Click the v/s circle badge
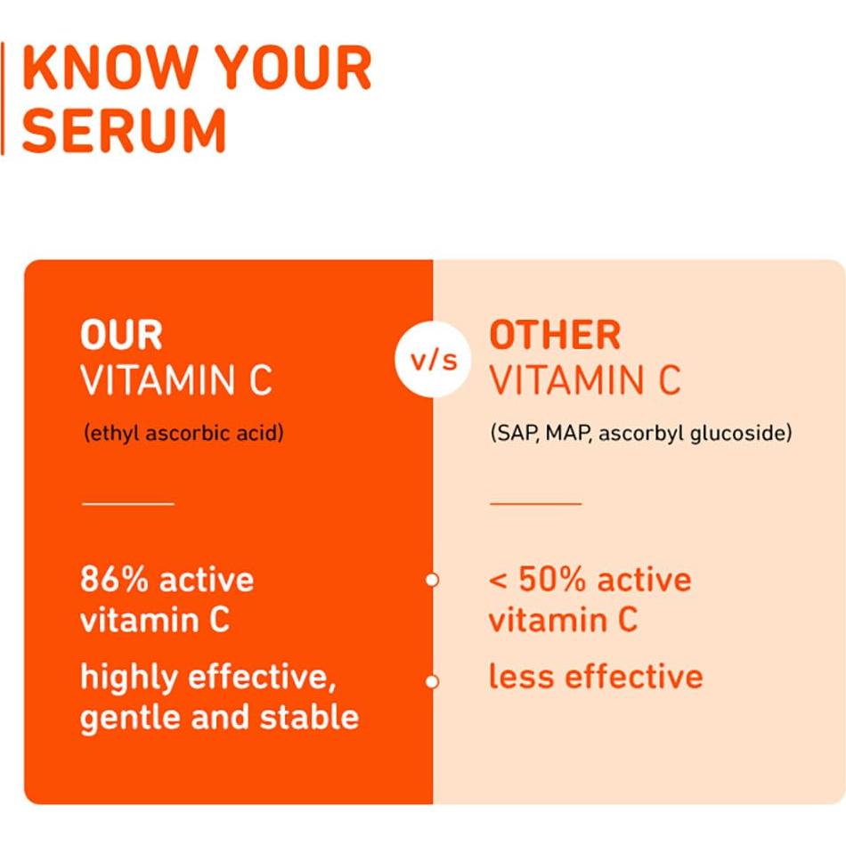click(434, 361)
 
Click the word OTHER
click(555, 336)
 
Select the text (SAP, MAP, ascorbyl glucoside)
click(640, 434)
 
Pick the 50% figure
click(552, 580)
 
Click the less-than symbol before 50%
click(498, 581)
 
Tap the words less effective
click(596, 677)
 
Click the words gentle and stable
click(220, 717)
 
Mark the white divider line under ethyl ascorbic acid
click(128, 503)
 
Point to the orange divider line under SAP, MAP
click(535, 503)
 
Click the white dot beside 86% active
click(433, 580)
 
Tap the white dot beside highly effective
click(433, 682)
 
